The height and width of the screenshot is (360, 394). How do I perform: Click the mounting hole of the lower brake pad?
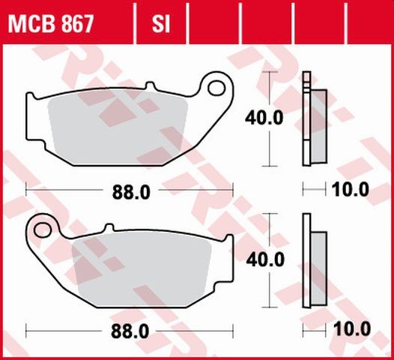pos(42,229)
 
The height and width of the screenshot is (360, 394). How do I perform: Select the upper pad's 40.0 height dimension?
pos(264,118)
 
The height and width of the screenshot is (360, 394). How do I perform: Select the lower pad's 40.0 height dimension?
pos(264,259)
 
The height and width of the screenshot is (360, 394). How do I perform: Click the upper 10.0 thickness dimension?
pos(352,190)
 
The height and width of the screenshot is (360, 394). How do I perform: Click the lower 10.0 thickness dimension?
pos(352,329)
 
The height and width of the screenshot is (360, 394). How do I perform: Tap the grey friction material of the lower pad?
pos(142,266)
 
